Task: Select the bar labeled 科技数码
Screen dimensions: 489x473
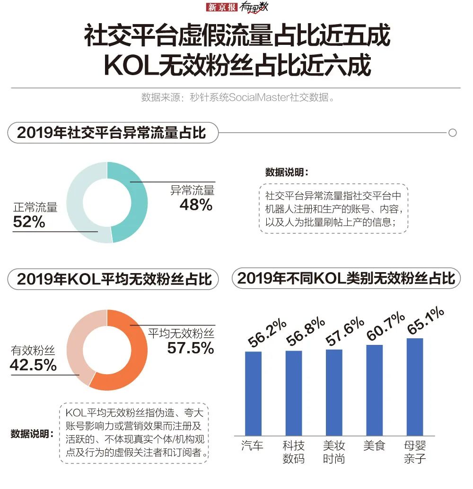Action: tap(294, 393)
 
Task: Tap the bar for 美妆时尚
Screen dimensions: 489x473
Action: tap(334, 392)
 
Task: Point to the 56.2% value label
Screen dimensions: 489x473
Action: tap(267, 334)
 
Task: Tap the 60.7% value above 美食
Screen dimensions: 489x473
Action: tap(385, 326)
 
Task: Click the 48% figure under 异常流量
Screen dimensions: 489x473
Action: tap(196, 205)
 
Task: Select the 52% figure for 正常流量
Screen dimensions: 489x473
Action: tap(29, 222)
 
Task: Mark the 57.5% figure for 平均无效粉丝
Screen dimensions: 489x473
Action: tap(191, 349)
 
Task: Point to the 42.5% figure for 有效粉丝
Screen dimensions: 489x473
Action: tap(33, 365)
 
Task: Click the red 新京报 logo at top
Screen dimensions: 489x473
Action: tap(222, 8)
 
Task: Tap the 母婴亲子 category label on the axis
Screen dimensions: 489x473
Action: tap(415, 452)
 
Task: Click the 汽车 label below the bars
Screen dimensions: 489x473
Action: tap(252, 446)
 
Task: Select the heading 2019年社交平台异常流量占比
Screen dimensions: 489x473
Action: tap(112, 133)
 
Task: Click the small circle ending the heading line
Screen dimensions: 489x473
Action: tap(452, 133)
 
